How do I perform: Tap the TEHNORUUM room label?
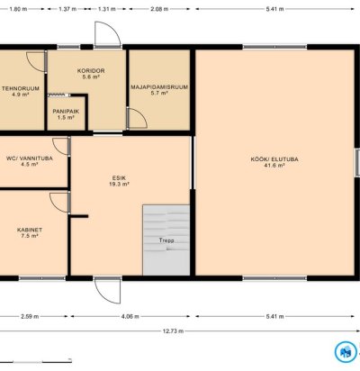click(21, 88)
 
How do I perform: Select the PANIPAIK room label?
click(66, 112)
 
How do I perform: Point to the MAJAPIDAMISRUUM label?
click(159, 87)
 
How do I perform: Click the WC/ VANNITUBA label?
click(30, 158)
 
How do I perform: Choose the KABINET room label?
click(30, 230)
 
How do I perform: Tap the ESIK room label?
click(119, 178)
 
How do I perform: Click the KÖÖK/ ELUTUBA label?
click(274, 159)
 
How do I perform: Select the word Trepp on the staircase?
click(166, 240)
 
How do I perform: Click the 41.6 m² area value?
click(274, 166)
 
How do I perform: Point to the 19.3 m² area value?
click(119, 184)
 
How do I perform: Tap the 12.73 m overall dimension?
click(173, 331)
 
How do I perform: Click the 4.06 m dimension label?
click(130, 316)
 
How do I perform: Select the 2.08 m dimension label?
click(159, 9)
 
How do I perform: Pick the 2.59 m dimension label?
click(30, 316)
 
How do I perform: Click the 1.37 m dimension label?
click(67, 9)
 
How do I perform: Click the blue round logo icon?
click(346, 352)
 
